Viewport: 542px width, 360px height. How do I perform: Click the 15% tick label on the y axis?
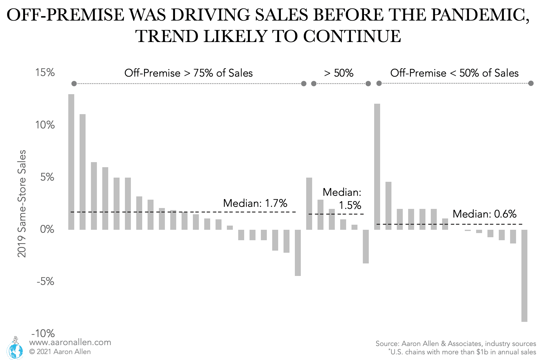[45, 73]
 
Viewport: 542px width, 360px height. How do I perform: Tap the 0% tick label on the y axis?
[47, 229]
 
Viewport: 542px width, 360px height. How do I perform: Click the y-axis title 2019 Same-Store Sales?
[22, 204]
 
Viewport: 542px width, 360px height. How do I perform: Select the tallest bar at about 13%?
[71, 162]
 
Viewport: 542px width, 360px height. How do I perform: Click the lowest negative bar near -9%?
[524, 275]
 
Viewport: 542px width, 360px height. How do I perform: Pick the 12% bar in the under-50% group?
[377, 167]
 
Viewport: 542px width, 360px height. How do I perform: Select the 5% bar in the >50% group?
[309, 204]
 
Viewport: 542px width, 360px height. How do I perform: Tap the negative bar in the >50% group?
[366, 246]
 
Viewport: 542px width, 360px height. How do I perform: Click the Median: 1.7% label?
[255, 203]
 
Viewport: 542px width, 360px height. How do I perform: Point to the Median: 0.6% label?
[484, 214]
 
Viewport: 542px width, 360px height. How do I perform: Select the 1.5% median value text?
[350, 205]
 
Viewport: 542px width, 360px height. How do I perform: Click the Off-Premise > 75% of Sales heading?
[188, 73]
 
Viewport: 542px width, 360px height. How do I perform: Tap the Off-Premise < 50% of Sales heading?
[454, 73]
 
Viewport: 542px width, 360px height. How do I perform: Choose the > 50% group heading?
[339, 73]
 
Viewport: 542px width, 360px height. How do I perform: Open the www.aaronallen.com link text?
[70, 342]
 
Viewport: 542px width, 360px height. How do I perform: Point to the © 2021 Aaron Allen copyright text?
[60, 352]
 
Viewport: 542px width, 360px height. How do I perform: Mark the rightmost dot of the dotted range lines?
[531, 83]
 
